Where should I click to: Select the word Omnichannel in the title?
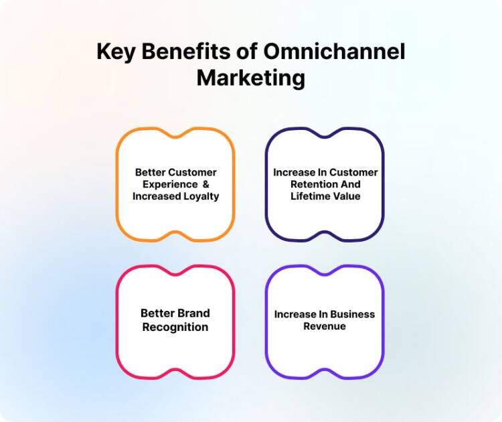click(335, 52)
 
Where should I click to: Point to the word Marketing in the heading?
click(250, 78)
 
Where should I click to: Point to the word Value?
click(348, 196)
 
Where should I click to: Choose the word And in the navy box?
click(349, 184)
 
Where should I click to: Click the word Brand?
click(193, 313)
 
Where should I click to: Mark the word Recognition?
click(175, 328)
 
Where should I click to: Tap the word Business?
click(351, 314)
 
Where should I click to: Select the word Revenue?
click(325, 326)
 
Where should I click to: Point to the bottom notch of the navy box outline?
click(325, 235)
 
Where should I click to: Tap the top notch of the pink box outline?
click(175, 271)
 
